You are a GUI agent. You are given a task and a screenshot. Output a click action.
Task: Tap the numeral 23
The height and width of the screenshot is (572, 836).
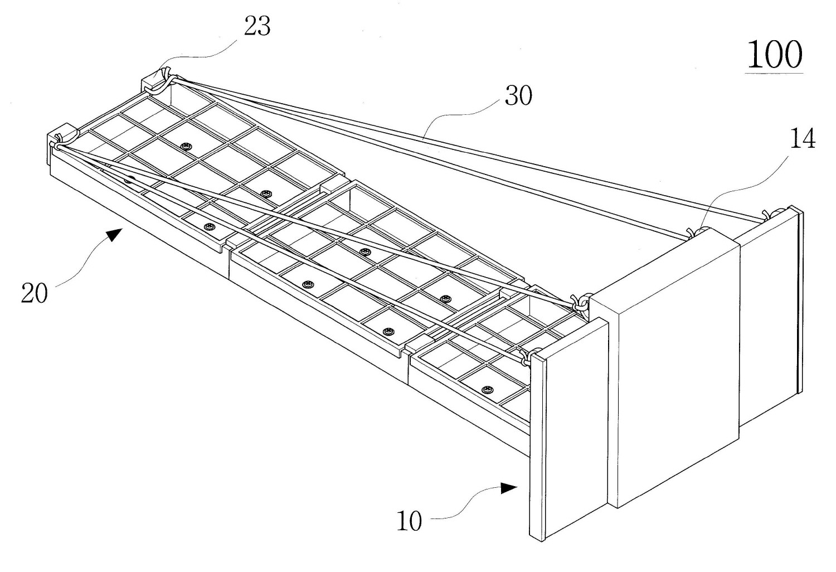point(257,26)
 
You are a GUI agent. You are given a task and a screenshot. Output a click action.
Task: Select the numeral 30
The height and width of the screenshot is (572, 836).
point(518,96)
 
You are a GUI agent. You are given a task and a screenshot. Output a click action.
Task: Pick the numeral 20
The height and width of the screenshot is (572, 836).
point(35,293)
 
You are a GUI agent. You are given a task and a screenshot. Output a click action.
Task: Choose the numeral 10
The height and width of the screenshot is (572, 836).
point(409,522)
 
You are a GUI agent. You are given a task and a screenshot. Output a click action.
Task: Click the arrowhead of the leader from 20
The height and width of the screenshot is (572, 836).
point(114,234)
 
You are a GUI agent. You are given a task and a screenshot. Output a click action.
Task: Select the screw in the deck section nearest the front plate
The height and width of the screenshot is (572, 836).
point(488,389)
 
